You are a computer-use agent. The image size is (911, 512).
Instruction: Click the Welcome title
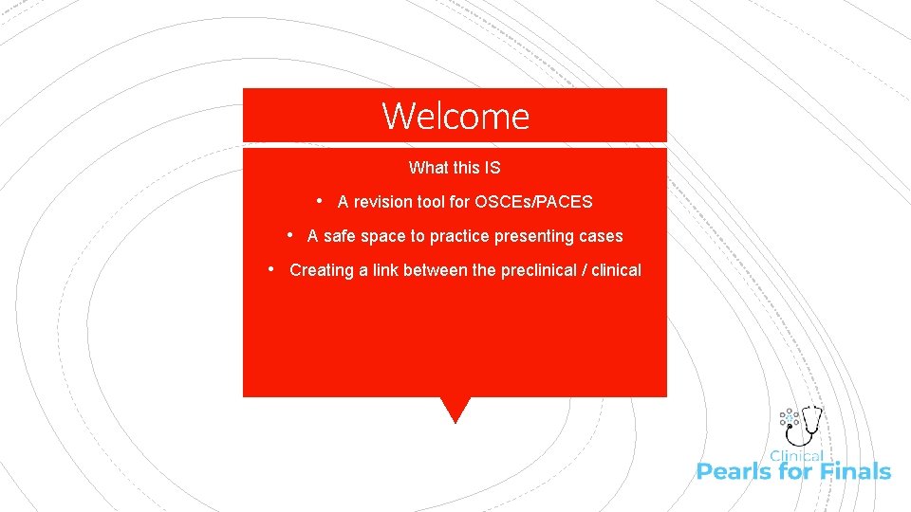455,117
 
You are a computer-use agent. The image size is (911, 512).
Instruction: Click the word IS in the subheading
492,168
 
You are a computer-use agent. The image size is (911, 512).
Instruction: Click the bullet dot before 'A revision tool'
321,201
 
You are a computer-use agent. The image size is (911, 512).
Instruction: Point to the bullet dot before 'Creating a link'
272,269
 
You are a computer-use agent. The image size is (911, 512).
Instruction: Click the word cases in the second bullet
601,236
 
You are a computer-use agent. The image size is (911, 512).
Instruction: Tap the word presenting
536,236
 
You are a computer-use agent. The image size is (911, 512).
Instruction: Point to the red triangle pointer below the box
455,409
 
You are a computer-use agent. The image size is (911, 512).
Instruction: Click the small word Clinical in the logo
796,456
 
